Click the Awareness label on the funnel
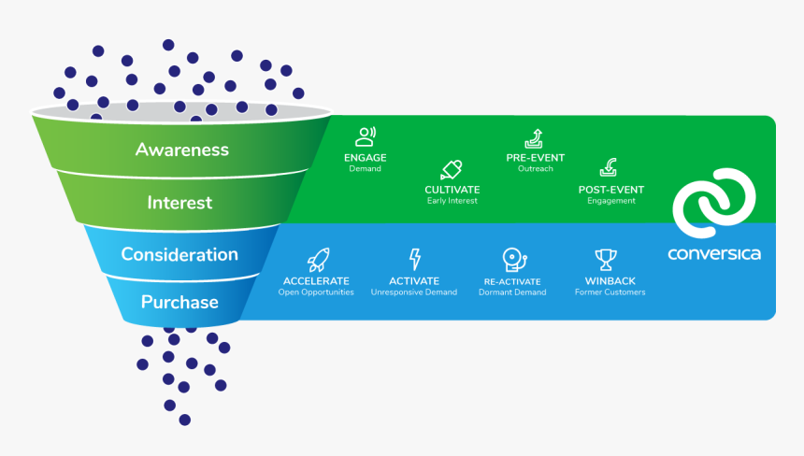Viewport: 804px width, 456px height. pyautogui.click(x=181, y=150)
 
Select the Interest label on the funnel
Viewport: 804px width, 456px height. pyautogui.click(x=179, y=203)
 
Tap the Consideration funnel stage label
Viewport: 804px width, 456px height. pyautogui.click(x=179, y=254)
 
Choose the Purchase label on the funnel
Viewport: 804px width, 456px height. pyautogui.click(x=179, y=302)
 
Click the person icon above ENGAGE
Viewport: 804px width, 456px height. pyautogui.click(x=366, y=137)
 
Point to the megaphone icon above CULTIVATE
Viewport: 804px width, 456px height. pyautogui.click(x=451, y=170)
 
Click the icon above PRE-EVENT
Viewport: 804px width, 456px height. pyautogui.click(x=535, y=138)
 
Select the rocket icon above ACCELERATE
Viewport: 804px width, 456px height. pyautogui.click(x=316, y=259)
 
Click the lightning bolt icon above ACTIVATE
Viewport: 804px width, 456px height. pyautogui.click(x=414, y=259)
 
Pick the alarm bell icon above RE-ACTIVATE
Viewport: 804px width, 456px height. pyautogui.click(x=512, y=259)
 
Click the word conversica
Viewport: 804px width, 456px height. pyautogui.click(x=713, y=253)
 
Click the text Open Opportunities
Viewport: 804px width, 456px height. pyautogui.click(x=316, y=292)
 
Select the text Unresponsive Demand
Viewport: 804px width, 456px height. pyautogui.click(x=414, y=292)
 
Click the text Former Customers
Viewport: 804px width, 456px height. pyautogui.click(x=610, y=292)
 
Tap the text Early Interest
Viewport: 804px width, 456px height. pyautogui.click(x=452, y=201)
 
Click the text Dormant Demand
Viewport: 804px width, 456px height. pyautogui.click(x=512, y=292)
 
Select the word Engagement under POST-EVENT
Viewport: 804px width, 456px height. pyautogui.click(x=610, y=201)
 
